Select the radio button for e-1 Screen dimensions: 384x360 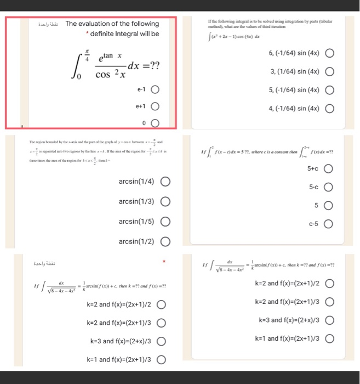coord(155,89)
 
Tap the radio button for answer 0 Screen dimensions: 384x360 coord(155,123)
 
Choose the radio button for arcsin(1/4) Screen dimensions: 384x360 coord(165,182)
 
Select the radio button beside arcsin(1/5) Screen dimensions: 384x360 coord(165,222)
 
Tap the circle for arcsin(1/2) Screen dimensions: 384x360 coord(165,241)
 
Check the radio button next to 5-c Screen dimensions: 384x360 coord(329,187)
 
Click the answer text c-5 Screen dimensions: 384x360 coord(313,223)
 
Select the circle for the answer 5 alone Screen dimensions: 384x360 coord(329,206)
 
